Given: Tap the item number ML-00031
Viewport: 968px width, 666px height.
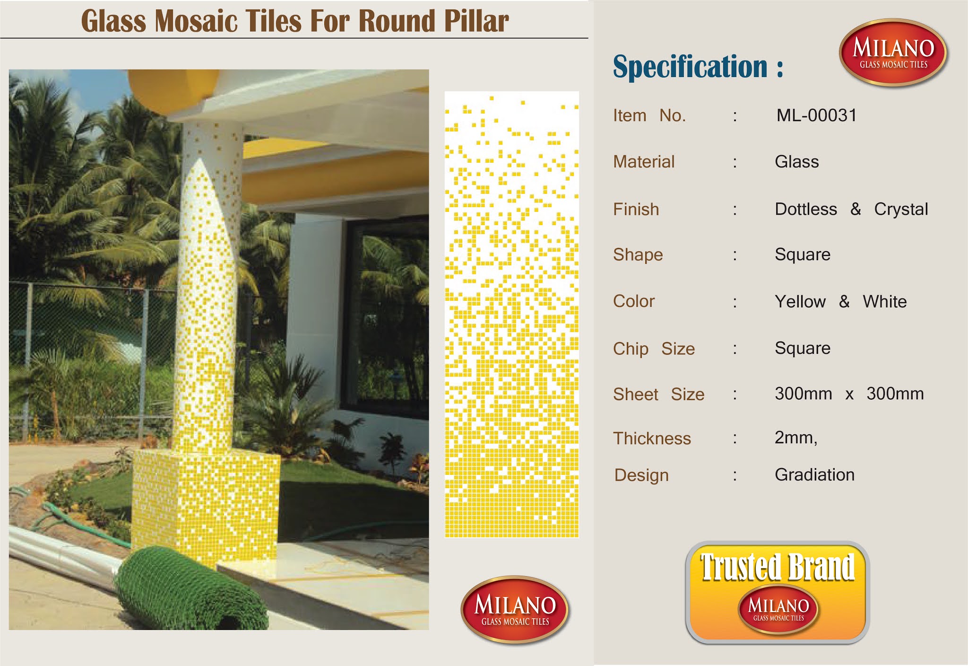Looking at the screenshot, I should [x=816, y=115].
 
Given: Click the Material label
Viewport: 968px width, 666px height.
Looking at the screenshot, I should [x=644, y=162].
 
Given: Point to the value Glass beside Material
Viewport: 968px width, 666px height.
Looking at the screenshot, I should [x=796, y=162].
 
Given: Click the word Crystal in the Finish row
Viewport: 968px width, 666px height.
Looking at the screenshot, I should [x=901, y=209].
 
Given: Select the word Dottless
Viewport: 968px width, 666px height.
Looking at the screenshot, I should [x=806, y=209].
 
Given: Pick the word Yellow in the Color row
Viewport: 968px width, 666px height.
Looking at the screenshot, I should [x=800, y=301].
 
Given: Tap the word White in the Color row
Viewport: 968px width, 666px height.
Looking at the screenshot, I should [x=884, y=301].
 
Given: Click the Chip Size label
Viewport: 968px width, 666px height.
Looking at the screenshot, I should [x=654, y=349].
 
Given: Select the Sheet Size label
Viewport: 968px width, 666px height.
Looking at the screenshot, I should [x=658, y=394].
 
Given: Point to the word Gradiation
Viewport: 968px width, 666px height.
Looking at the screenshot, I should [x=814, y=474].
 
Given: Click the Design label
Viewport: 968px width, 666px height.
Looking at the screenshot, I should [x=641, y=475].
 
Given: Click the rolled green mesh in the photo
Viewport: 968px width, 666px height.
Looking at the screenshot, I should [x=189, y=591].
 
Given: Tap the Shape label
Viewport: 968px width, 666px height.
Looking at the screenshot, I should [x=638, y=254].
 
